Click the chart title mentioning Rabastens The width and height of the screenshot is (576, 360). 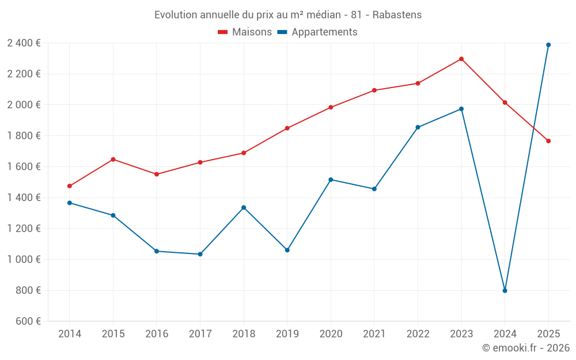pyautogui.click(x=287, y=14)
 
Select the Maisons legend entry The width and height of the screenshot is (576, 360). pyautogui.click(x=245, y=32)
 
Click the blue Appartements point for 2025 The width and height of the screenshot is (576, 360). pyautogui.click(x=548, y=45)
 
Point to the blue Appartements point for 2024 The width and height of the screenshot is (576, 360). pyautogui.click(x=505, y=290)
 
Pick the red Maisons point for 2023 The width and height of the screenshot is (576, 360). pyautogui.click(x=461, y=59)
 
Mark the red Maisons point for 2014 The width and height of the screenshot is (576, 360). pyautogui.click(x=70, y=186)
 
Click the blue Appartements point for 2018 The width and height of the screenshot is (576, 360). pyautogui.click(x=244, y=207)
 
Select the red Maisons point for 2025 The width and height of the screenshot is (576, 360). pyautogui.click(x=548, y=141)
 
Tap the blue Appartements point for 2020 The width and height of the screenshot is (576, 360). pyautogui.click(x=331, y=180)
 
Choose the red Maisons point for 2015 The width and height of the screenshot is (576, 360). pyautogui.click(x=113, y=159)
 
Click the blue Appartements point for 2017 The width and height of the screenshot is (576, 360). pyautogui.click(x=200, y=254)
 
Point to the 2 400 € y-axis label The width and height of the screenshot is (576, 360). pyautogui.click(x=24, y=43)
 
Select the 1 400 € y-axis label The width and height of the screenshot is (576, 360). pyautogui.click(x=24, y=198)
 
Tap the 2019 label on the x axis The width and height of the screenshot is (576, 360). pyautogui.click(x=287, y=334)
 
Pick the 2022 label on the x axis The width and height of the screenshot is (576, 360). pyautogui.click(x=418, y=334)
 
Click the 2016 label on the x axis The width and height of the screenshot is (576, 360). pyautogui.click(x=157, y=334)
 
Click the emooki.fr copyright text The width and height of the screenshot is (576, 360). pyautogui.click(x=525, y=348)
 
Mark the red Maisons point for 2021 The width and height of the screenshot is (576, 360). pyautogui.click(x=374, y=90)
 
